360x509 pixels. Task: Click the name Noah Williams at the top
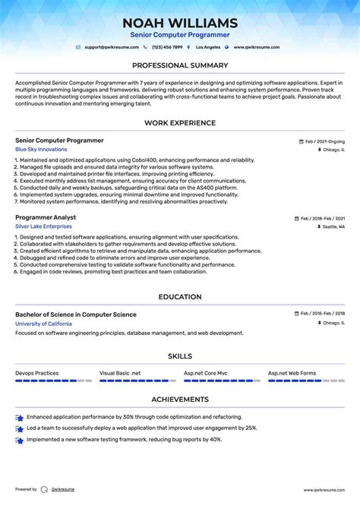click(x=180, y=23)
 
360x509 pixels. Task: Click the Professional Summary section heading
click(x=180, y=65)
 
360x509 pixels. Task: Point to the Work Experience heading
click(x=180, y=123)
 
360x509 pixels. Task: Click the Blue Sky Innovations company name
click(x=41, y=150)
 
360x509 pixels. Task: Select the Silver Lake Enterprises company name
click(x=43, y=226)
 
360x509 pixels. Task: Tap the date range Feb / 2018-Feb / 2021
click(x=322, y=218)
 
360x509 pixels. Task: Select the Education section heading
click(x=180, y=297)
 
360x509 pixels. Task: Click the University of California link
click(x=43, y=324)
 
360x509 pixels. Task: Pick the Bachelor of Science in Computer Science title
click(x=76, y=315)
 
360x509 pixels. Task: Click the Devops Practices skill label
click(x=36, y=373)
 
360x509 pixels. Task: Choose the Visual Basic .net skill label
click(x=120, y=373)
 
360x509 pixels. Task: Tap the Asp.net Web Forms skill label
click(x=292, y=373)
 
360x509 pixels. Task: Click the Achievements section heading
click(x=180, y=399)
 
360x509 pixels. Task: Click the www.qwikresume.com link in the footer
click(x=324, y=490)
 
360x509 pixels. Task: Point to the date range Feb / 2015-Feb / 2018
click(x=322, y=314)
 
